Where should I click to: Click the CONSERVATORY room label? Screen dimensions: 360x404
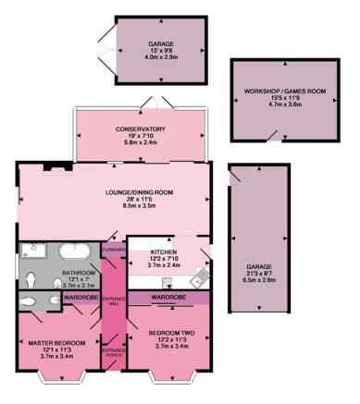tap(141, 129)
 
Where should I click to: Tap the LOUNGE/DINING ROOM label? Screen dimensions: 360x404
tap(139, 192)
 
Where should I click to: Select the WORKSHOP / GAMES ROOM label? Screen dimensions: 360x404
tap(285, 92)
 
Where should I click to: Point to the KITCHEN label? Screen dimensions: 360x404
tap(164, 251)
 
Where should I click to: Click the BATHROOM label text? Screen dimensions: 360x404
tap(79, 273)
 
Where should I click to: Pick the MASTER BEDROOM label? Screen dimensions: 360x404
tap(56, 343)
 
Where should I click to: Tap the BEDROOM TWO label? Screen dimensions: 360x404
tap(171, 333)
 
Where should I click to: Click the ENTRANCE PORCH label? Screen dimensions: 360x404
tap(114, 352)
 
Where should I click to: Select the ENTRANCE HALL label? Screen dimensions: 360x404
tap(114, 301)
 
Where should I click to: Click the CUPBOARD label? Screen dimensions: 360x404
tap(114, 250)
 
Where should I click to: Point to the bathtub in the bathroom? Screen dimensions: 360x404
tap(75, 251)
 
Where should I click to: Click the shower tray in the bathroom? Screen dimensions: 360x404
tap(33, 251)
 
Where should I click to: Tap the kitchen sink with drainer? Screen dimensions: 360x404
tap(200, 277)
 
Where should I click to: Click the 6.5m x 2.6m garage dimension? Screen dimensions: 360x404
tap(259, 280)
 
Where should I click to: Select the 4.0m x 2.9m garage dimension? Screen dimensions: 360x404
tap(161, 56)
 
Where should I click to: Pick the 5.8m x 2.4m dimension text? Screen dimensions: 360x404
tap(141, 142)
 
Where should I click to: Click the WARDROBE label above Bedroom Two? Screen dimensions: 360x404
tap(168, 298)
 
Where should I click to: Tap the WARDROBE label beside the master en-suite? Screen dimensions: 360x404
tap(81, 298)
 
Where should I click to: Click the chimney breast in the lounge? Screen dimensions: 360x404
tap(57, 166)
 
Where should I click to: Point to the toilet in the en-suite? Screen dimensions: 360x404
tap(29, 300)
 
